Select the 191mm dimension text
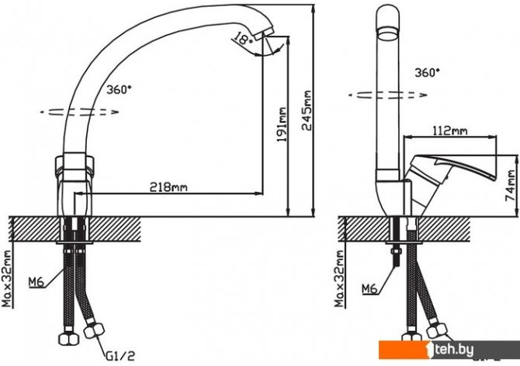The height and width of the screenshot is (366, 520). (283, 124)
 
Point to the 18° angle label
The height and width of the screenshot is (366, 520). (241, 40)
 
